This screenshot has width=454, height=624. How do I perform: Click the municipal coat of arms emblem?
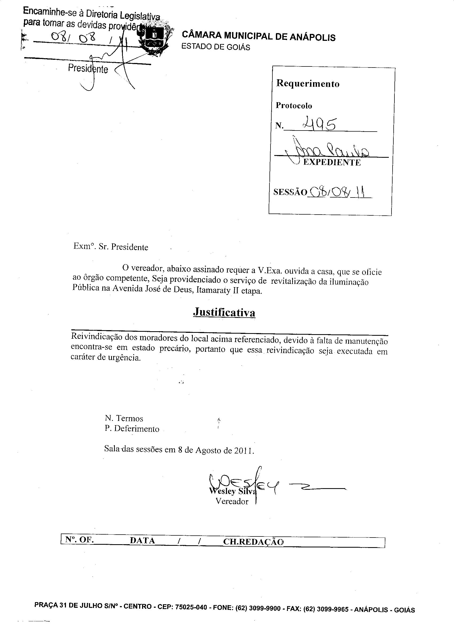pos(154,40)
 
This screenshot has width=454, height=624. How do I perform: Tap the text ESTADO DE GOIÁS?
pos(216,47)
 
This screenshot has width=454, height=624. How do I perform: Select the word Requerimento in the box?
pos(308,83)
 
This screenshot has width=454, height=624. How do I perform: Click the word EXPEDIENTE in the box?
pos(332,163)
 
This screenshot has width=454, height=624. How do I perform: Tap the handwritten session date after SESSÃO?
pos(340,192)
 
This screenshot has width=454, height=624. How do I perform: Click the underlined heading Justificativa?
pos(224,312)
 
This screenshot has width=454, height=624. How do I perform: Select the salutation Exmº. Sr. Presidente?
pos(111,247)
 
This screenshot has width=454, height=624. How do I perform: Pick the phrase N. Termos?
pos(124,418)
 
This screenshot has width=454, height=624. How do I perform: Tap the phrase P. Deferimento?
pos(132,429)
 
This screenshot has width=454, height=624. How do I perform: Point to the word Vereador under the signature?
pos(232,501)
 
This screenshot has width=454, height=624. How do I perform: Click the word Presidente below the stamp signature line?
pos(88,68)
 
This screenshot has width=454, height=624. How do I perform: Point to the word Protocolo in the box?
pos(294,106)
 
